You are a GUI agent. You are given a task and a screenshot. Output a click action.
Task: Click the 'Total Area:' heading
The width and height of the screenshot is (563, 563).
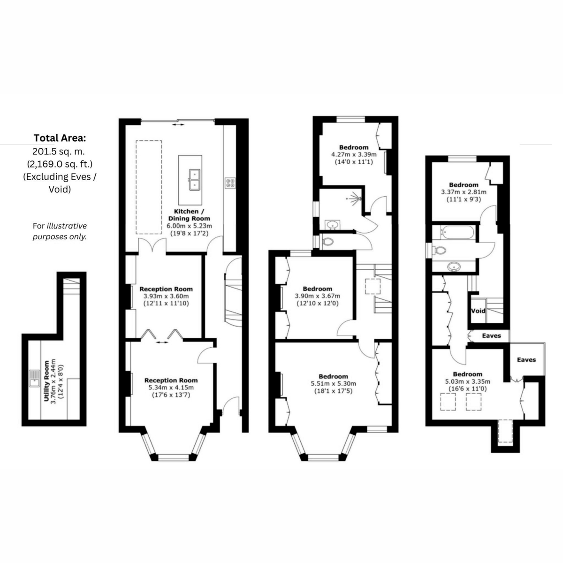[x=60, y=138]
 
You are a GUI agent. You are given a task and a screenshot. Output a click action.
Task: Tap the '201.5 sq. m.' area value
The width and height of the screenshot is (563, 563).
[x=59, y=152]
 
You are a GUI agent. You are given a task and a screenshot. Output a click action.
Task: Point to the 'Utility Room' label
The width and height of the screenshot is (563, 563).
[x=46, y=381]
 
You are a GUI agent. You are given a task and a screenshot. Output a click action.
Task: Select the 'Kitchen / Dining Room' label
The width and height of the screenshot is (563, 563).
[x=189, y=215]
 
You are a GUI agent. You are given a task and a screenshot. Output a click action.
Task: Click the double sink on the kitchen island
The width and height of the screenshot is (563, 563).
[x=194, y=180]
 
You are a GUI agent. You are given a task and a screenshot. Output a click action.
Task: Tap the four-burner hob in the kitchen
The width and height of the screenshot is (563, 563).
[x=230, y=183]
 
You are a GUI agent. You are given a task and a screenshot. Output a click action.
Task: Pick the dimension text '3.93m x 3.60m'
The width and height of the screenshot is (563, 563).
[x=166, y=296]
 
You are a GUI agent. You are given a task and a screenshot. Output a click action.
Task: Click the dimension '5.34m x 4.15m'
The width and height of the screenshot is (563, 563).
[x=171, y=388]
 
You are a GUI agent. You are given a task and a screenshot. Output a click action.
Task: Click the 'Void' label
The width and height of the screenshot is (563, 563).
[x=478, y=311]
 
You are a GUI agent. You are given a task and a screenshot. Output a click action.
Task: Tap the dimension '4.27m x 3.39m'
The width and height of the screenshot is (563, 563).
[x=354, y=154]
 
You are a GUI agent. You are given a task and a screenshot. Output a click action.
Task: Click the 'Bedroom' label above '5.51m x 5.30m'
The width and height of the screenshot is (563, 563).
[x=333, y=376]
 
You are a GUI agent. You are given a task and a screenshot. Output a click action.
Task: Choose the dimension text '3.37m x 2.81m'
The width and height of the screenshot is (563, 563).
[x=464, y=192]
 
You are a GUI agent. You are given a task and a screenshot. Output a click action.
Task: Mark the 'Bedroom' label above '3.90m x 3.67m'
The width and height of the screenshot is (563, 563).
[x=317, y=289]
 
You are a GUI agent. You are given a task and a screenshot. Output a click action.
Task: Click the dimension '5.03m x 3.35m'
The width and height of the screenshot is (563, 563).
[x=467, y=381]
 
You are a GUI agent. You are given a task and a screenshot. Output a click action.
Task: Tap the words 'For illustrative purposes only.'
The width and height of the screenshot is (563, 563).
[x=60, y=231]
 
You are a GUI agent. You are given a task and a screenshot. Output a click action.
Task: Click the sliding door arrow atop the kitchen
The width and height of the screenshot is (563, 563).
[x=178, y=125]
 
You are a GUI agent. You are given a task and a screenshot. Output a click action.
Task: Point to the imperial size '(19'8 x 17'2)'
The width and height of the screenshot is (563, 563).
[x=189, y=233]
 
